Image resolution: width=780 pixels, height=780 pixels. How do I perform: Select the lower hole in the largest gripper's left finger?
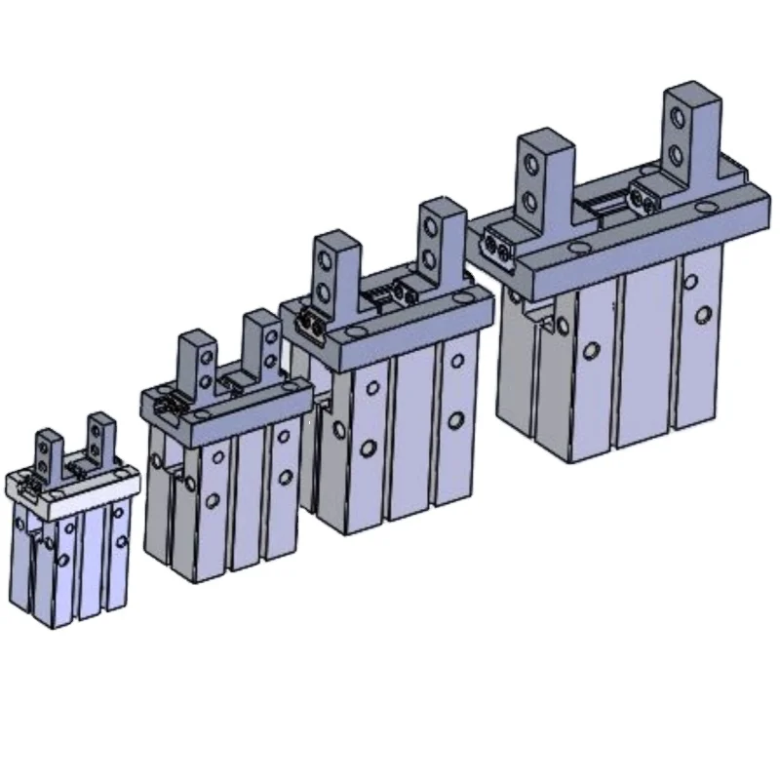click(531, 203)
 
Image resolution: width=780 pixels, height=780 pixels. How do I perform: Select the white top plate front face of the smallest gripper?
click(73, 487)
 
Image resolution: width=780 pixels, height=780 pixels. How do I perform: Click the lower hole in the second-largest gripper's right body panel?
click(455, 420)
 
